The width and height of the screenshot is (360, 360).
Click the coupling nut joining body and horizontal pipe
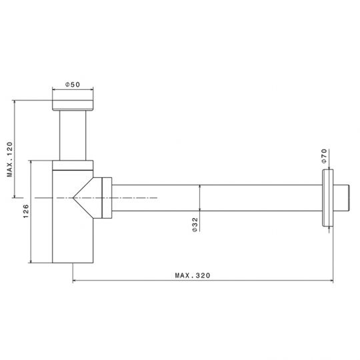105,198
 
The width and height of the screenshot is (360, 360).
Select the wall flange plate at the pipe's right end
327,198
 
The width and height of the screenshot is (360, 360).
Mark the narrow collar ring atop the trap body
73,165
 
